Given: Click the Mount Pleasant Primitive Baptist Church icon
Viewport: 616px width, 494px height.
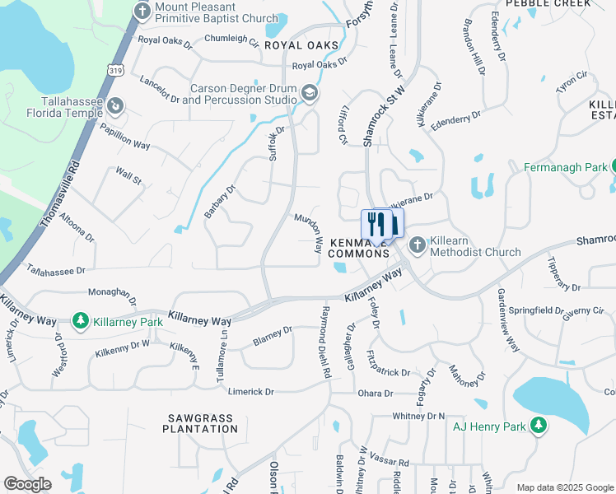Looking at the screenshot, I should click(142, 11).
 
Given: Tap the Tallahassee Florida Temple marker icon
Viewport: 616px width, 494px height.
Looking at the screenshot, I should click(116, 105).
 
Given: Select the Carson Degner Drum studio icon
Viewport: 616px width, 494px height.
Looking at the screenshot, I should click(310, 93).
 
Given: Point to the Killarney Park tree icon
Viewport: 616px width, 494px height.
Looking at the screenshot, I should click(81, 319).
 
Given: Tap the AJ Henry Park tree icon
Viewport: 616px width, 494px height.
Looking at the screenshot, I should click(538, 425).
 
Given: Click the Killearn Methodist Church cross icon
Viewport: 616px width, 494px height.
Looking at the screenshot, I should click(418, 245).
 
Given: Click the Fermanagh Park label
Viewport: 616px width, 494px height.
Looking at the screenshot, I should click(565, 167).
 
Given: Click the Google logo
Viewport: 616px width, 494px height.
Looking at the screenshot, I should click(27, 484).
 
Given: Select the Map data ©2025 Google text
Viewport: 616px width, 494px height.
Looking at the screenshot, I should click(564, 487).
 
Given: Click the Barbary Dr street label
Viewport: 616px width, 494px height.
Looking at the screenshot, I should click(221, 201).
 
